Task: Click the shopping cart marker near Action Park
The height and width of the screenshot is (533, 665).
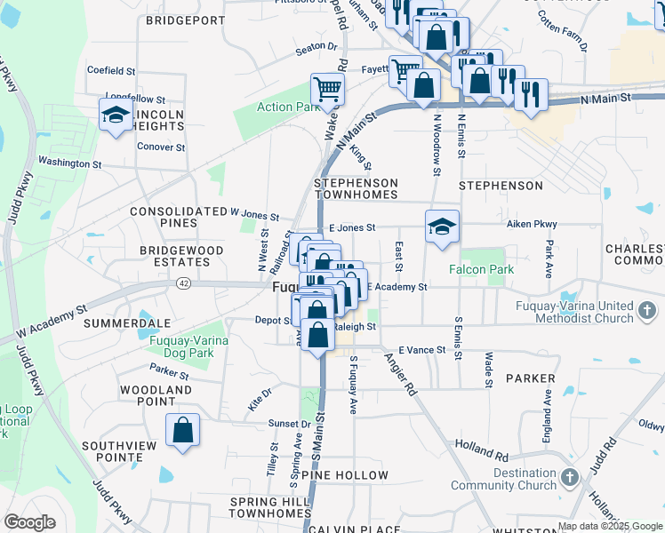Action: (327, 90)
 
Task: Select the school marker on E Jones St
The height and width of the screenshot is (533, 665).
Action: (442, 227)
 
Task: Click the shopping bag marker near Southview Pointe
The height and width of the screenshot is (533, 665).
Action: (182, 432)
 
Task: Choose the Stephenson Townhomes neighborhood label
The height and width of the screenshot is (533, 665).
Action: (356, 187)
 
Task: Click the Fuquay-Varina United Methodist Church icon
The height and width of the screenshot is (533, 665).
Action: (646, 312)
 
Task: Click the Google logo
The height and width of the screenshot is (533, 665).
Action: (29, 522)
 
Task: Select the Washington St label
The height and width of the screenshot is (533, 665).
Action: (69, 163)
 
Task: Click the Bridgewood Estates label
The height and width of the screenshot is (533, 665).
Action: (181, 257)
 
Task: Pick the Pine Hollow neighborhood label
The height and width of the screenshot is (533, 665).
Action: (345, 475)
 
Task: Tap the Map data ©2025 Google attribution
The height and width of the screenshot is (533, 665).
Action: (610, 526)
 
